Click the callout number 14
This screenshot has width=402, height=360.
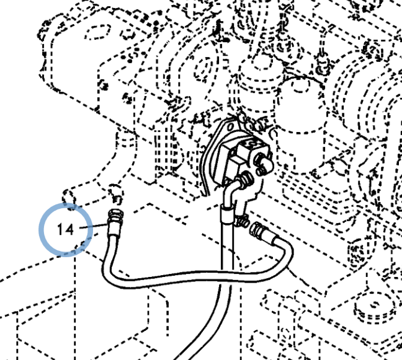click(65, 229)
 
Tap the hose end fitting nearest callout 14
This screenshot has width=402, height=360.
click(114, 217)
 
